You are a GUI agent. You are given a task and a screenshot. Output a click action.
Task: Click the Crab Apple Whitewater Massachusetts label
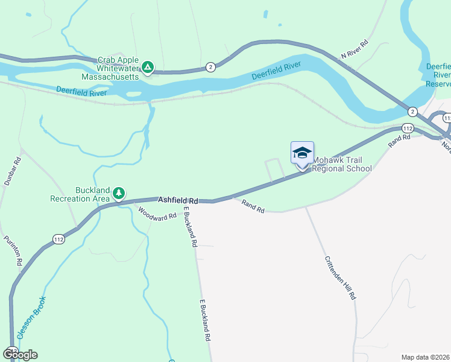pos(118,69)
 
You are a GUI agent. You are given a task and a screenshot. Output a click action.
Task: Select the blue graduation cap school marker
pos(302,153)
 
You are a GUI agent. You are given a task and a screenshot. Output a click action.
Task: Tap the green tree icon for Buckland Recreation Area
pos(119,192)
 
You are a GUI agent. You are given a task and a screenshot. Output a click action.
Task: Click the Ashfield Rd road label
pos(178,200)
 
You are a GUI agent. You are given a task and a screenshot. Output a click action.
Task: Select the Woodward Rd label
pos(157,213)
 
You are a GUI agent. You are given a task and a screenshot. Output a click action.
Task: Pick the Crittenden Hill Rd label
pos(341,278)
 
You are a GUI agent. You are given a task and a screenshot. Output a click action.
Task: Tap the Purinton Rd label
pos(13,251)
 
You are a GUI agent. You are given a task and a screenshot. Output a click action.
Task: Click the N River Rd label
pos(355,50)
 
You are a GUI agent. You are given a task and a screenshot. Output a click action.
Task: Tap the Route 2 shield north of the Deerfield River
pos(210,66)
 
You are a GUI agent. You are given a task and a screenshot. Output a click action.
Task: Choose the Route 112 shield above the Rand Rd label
pos(408,129)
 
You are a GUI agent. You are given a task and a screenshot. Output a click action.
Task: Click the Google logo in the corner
pos(20,354)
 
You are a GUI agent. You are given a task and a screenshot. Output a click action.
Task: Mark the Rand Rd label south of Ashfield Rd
pos(253,206)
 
